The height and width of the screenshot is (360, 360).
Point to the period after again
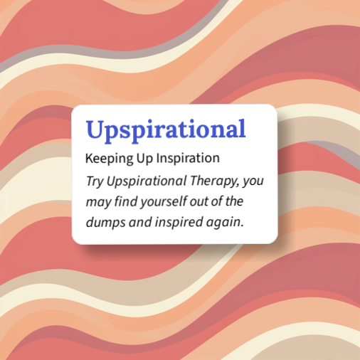pyautogui.click(x=243, y=226)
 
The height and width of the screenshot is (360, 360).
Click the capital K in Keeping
pyautogui.click(x=88, y=157)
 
